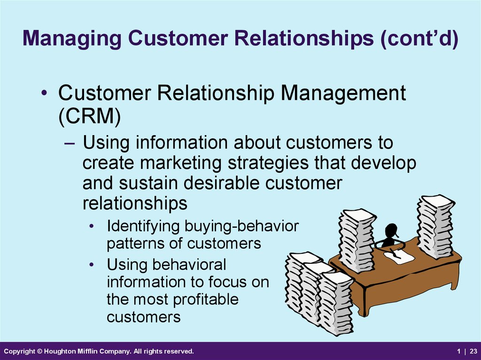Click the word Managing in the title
click(72, 39)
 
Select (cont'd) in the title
click(419, 38)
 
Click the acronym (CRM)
click(89, 117)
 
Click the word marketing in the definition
click(181, 163)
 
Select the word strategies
click(268, 163)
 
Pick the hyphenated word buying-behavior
click(242, 227)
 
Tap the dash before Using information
click(70, 143)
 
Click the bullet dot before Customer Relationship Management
click(45, 92)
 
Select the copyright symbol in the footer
click(39, 351)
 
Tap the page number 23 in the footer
click(473, 351)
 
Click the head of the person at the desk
click(391, 230)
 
